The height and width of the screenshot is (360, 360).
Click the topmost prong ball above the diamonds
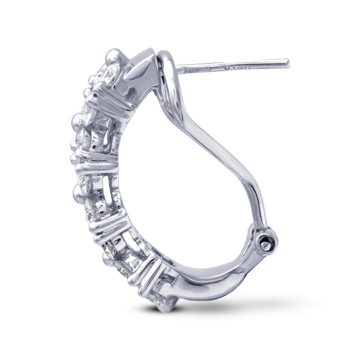[x=112, y=56]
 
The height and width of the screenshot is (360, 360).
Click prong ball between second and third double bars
[x=79, y=191]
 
